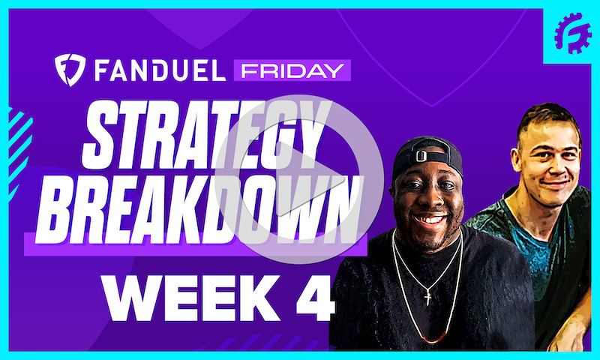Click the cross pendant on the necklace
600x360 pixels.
[427, 298]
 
